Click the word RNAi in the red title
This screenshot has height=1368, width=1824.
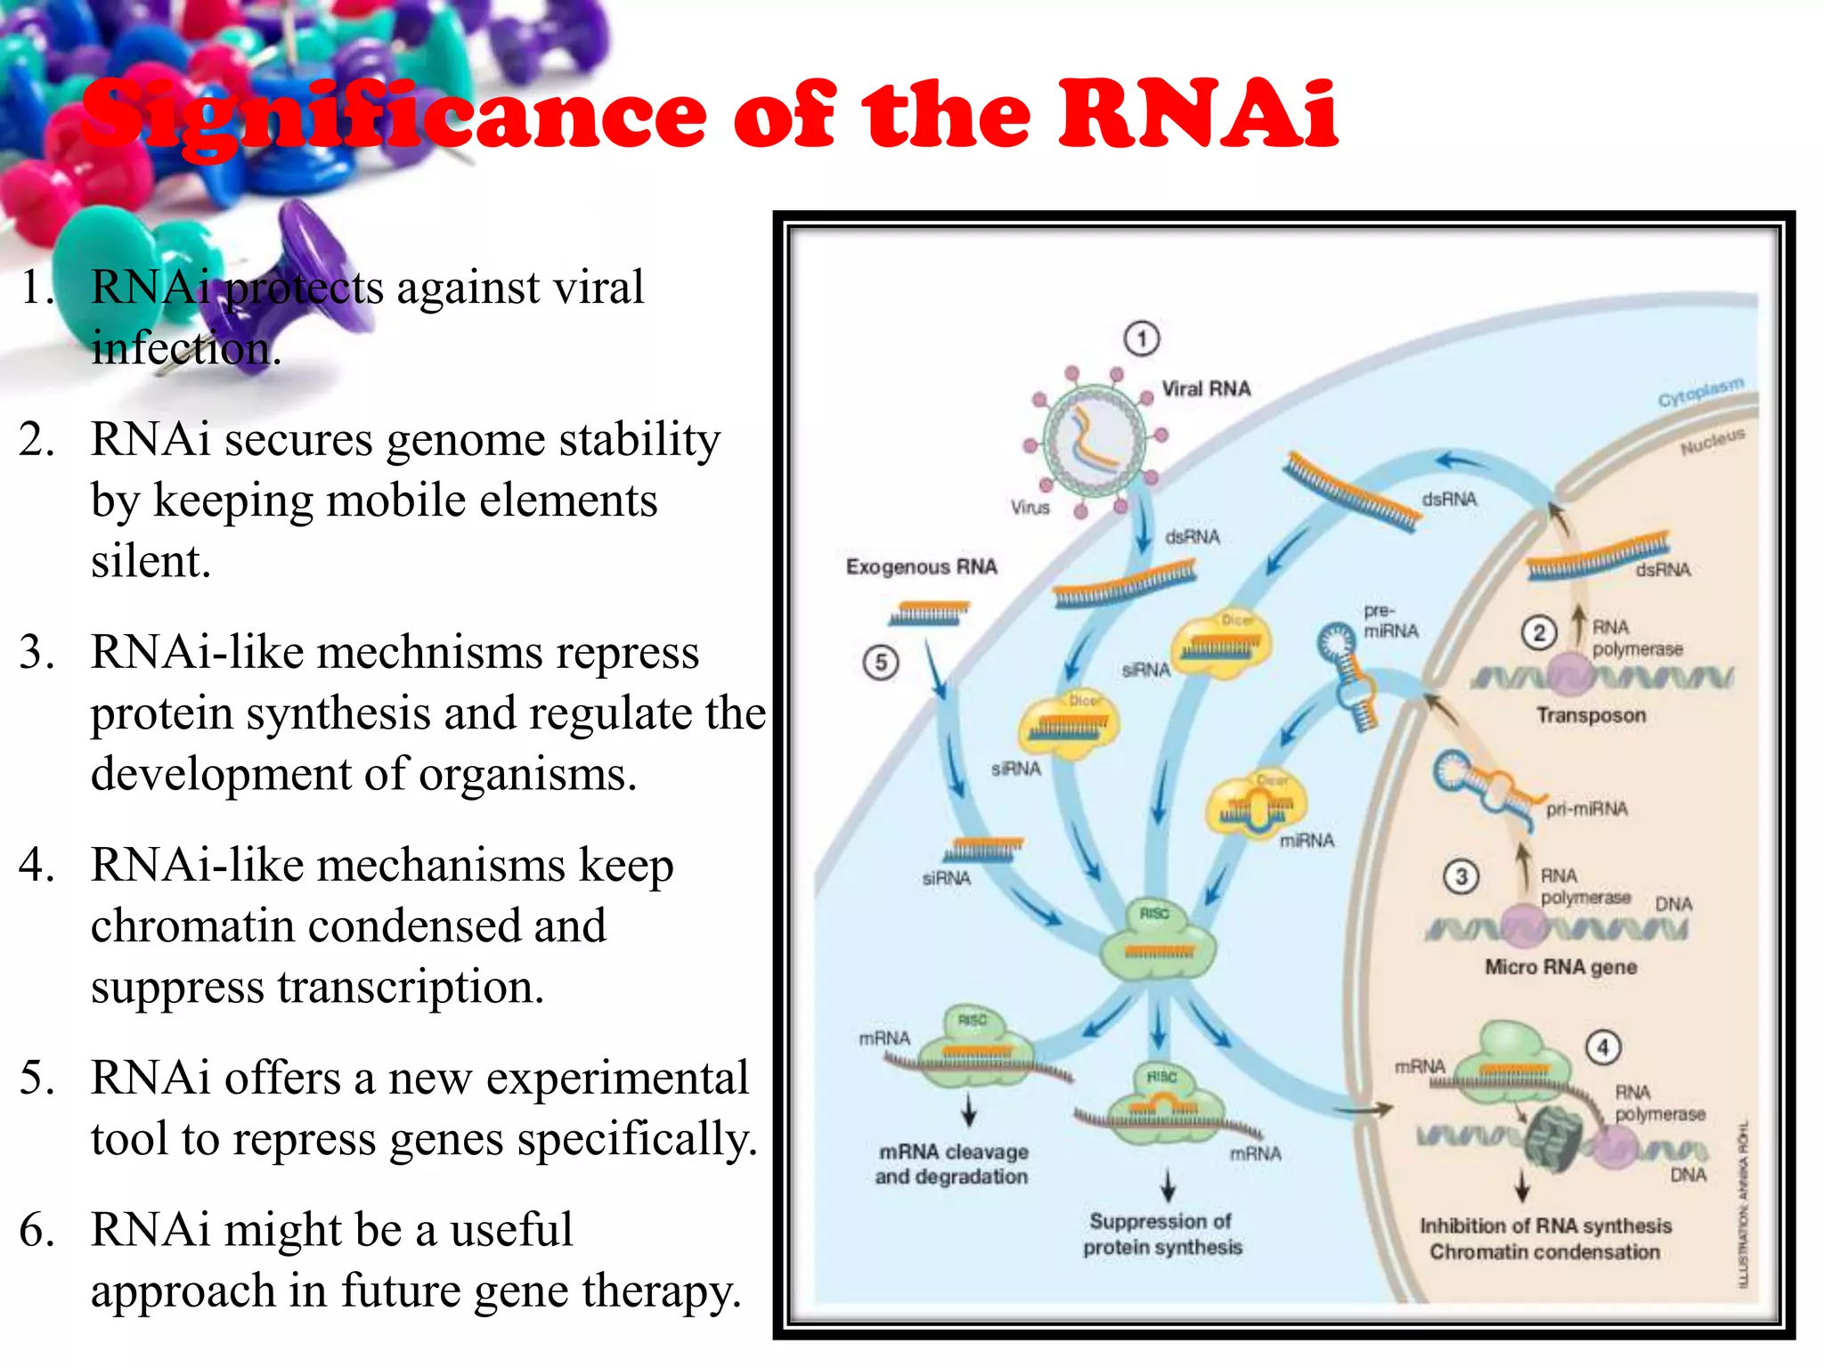pos(1198,116)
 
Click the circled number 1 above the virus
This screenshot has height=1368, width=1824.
pos(1142,338)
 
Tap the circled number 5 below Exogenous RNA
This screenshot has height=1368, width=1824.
pos(881,663)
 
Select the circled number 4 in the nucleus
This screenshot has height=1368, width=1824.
pos(1603,1047)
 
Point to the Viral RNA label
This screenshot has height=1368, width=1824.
pos(1206,389)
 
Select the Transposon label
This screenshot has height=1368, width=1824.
pos(1591,715)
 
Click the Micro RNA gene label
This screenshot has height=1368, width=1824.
pos(1560,967)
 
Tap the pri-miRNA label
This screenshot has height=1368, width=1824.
pos(1586,809)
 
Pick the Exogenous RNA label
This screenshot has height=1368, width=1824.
pos(921,567)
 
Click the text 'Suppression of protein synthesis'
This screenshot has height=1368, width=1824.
pos(1161,1234)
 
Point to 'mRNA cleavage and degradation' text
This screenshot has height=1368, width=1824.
pos(951,1164)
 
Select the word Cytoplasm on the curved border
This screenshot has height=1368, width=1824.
pos(1700,392)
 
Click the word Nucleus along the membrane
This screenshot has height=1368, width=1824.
pos(1712,441)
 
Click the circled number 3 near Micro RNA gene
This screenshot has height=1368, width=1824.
pos(1461,876)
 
